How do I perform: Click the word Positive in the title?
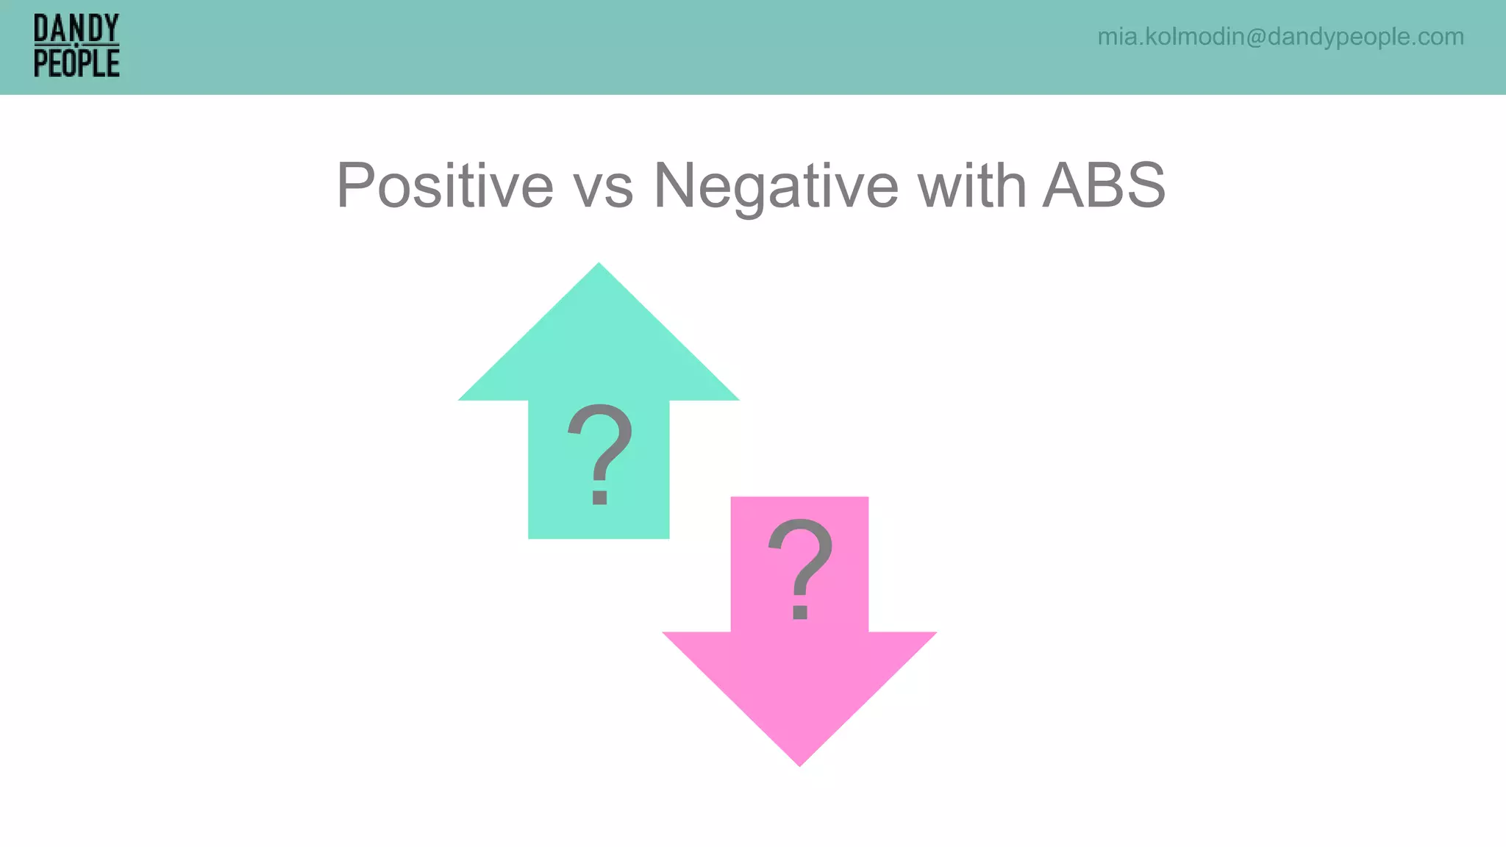[444, 185]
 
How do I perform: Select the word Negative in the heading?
[775, 187]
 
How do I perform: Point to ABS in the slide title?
[1104, 185]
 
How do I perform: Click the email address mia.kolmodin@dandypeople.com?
[1280, 37]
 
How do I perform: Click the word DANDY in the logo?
[76, 29]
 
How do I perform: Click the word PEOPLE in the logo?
[76, 63]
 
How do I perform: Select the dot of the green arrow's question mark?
[599, 498]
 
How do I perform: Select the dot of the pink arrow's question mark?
[800, 612]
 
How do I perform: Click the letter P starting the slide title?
[354, 185]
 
